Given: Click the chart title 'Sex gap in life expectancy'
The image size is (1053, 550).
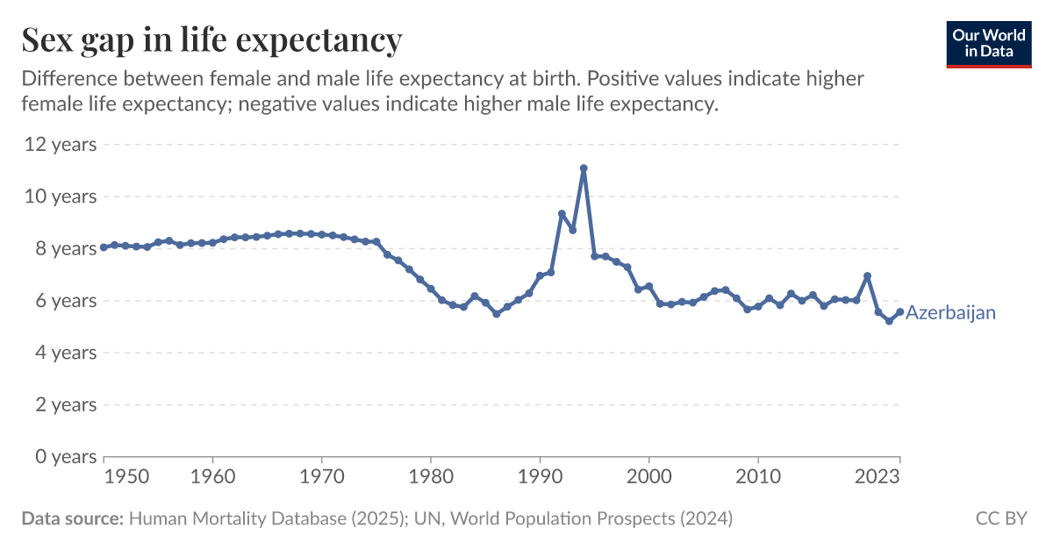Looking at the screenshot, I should click(x=211, y=40).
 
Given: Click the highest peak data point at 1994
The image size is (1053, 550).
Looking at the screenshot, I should click(x=584, y=168).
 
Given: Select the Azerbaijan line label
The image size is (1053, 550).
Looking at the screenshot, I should click(x=950, y=312).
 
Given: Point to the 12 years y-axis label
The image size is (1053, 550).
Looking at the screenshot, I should click(x=60, y=144).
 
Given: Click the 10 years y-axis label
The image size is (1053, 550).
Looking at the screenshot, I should click(x=60, y=196).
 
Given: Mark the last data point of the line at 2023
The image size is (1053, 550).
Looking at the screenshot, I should click(x=899, y=311).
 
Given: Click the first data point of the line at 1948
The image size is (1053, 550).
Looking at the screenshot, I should click(x=104, y=247).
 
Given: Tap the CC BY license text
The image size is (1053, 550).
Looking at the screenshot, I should click(x=1000, y=518).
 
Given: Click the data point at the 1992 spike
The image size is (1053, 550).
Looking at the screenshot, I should click(x=562, y=214).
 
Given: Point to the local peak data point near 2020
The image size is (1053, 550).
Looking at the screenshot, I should click(x=867, y=276).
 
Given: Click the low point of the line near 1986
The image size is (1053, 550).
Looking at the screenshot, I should click(x=497, y=313).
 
